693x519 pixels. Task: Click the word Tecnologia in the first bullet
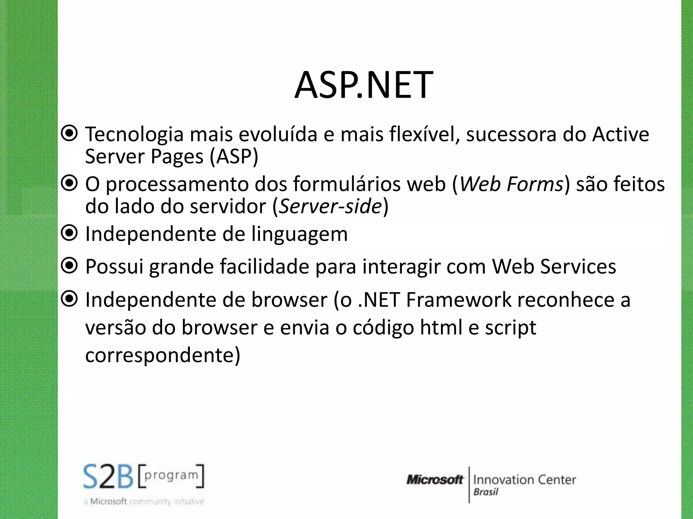tap(134, 134)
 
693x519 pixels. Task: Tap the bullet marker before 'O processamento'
tap(70, 183)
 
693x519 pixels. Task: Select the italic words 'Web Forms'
tap(511, 184)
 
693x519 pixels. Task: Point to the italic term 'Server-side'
tap(330, 206)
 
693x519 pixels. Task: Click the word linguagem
tap(299, 234)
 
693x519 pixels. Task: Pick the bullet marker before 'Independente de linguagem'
tap(70, 233)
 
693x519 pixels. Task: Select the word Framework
tap(459, 300)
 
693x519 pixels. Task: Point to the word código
tap(383, 328)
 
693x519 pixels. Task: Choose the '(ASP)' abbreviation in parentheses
tap(234, 157)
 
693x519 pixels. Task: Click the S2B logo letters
tap(109, 477)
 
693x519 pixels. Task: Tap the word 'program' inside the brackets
tap(171, 475)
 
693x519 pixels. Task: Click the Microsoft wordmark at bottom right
tap(434, 480)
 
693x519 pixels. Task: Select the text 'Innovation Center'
tap(524, 480)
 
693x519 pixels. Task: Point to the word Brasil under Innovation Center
tap(486, 492)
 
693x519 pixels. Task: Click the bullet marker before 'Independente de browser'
tap(70, 299)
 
